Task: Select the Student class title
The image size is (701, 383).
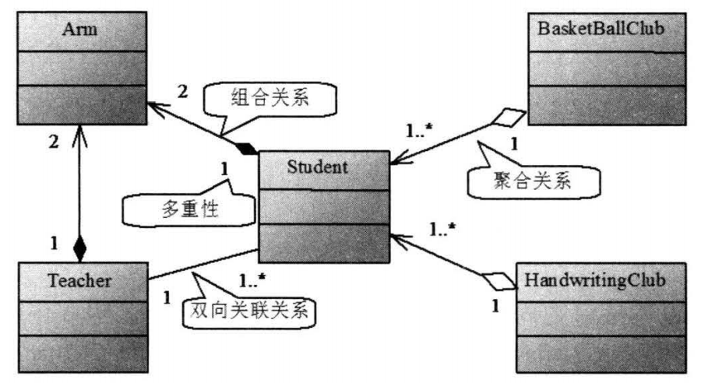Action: [323, 167]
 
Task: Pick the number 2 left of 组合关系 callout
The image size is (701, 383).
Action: [181, 91]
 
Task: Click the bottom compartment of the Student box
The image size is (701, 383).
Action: [323, 244]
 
